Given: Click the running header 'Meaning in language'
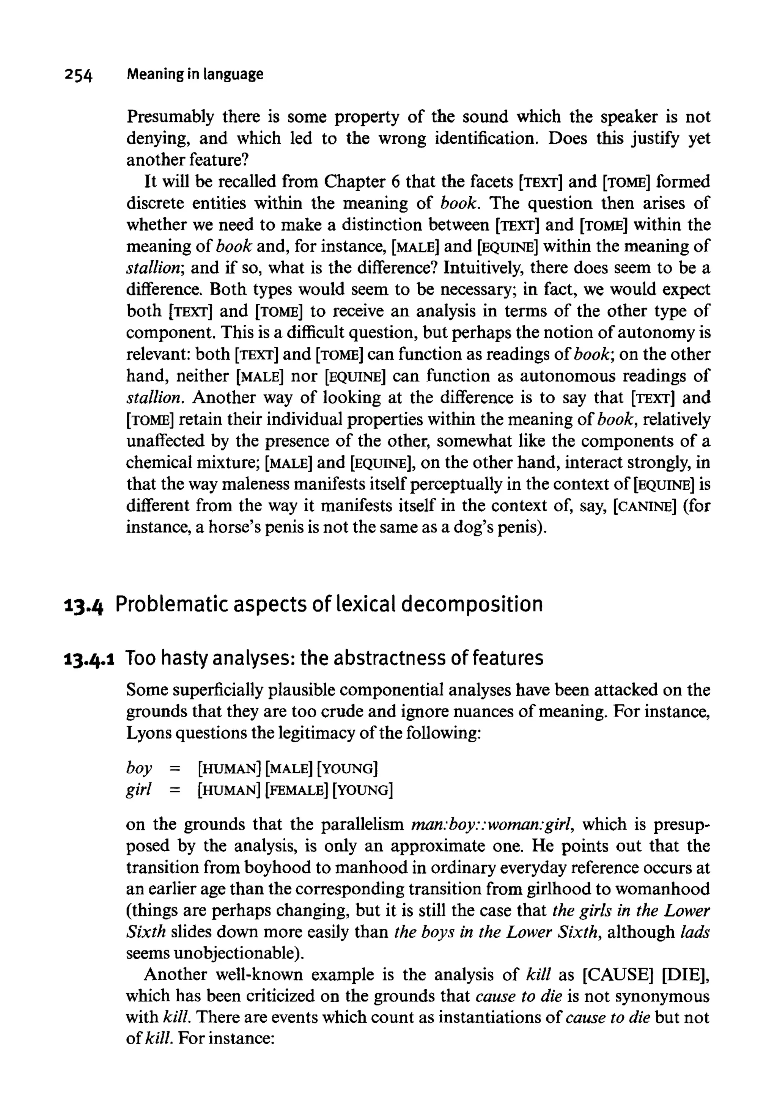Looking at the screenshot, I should [195, 74].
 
